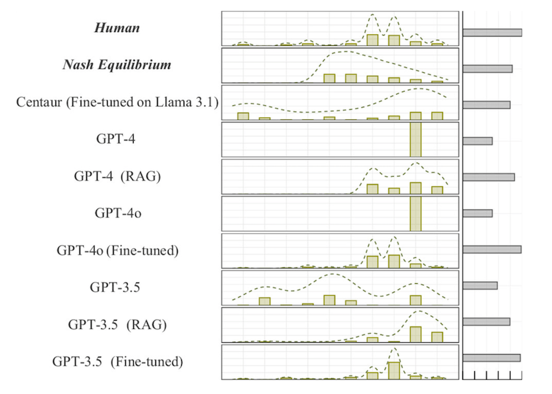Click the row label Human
(x=117, y=28)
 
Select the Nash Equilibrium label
(x=117, y=64)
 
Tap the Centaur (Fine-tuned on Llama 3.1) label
(x=117, y=102)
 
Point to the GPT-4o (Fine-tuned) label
(x=117, y=250)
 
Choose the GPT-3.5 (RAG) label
(x=117, y=324)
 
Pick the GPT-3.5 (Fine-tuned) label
(x=117, y=361)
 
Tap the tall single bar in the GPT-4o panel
(x=415, y=214)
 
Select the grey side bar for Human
(x=492, y=33)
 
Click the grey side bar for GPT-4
(x=477, y=141)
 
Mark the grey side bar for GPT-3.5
(x=480, y=286)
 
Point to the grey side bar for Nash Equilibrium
(x=487, y=69)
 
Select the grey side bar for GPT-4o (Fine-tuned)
(x=491, y=249)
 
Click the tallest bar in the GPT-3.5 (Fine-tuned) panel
(x=394, y=371)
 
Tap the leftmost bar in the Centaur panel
(x=243, y=116)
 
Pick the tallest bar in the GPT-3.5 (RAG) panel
(x=415, y=334)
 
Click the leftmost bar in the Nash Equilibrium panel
(x=329, y=78)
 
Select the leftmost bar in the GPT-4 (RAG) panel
(x=373, y=189)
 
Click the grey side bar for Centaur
(x=486, y=105)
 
